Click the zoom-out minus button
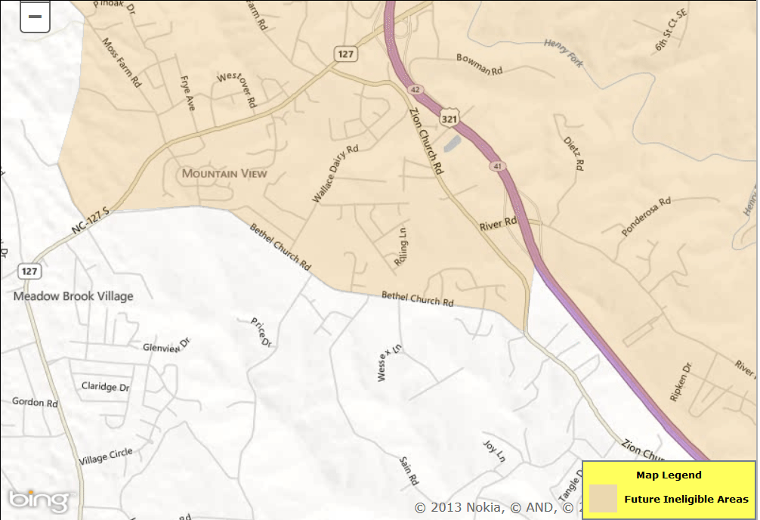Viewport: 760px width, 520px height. click(x=35, y=16)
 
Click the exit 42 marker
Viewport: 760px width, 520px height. click(x=416, y=89)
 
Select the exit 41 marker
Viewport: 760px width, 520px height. click(x=496, y=166)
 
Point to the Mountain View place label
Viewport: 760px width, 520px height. click(x=224, y=174)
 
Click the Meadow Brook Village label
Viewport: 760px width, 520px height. click(x=73, y=296)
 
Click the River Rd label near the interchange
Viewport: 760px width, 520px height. click(x=498, y=224)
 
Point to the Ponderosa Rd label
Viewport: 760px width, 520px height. click(x=646, y=218)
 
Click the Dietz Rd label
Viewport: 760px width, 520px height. click(x=574, y=153)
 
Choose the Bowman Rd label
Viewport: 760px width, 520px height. click(x=480, y=65)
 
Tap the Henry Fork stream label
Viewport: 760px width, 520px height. click(x=564, y=54)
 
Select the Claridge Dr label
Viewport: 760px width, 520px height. click(x=105, y=386)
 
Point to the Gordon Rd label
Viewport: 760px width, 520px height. click(x=35, y=402)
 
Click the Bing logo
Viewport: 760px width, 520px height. click(x=39, y=500)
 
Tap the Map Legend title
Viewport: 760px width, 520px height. click(x=669, y=475)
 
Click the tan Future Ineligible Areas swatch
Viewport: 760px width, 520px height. click(x=603, y=499)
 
